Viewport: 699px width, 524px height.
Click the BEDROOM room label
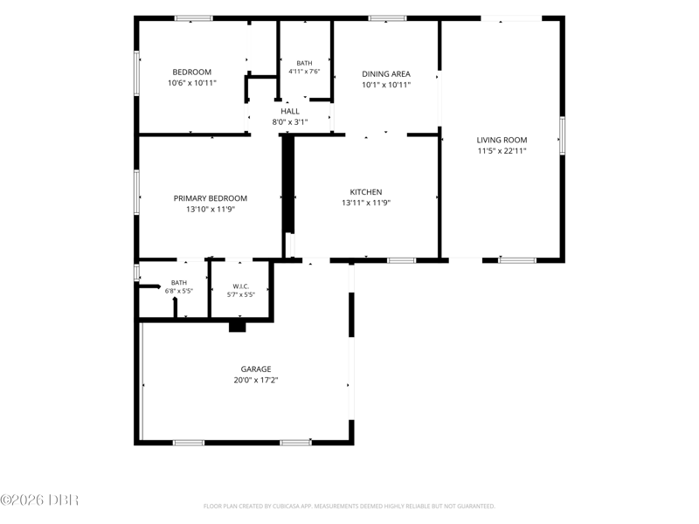pyautogui.click(x=191, y=72)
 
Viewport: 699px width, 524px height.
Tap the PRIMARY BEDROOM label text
pyautogui.click(x=210, y=198)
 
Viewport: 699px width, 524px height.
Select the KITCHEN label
pyautogui.click(x=365, y=192)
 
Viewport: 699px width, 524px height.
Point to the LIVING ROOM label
pyautogui.click(x=502, y=140)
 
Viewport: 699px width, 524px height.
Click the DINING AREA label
pyautogui.click(x=386, y=74)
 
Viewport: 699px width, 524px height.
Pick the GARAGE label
pyautogui.click(x=256, y=369)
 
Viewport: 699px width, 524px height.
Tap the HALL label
pyautogui.click(x=290, y=112)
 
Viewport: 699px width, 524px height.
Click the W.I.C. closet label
pyautogui.click(x=241, y=286)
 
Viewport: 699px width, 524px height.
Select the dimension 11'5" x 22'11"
pyautogui.click(x=502, y=151)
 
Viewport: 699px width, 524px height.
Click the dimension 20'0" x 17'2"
pyautogui.click(x=256, y=380)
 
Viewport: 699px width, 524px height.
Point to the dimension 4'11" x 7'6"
pyautogui.click(x=304, y=72)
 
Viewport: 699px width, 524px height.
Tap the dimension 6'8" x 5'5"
pyautogui.click(x=179, y=291)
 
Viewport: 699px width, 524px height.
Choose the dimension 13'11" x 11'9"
pyautogui.click(x=366, y=203)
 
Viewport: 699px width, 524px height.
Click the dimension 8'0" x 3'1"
pyautogui.click(x=290, y=122)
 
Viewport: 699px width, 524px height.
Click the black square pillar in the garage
pyautogui.click(x=237, y=327)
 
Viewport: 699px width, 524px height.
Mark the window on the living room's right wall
pyautogui.click(x=562, y=135)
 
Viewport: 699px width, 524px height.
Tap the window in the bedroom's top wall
pyautogui.click(x=193, y=18)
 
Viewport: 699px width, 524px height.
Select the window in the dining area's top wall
pyautogui.click(x=387, y=18)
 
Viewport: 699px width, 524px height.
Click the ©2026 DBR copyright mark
pyautogui.click(x=39, y=500)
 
